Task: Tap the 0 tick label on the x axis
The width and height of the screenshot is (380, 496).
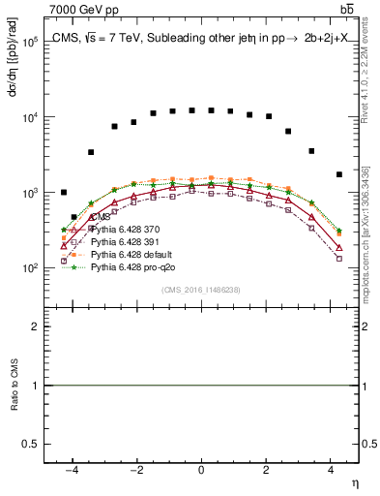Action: tap(201, 471)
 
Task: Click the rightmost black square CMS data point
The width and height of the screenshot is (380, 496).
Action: tap(338, 174)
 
